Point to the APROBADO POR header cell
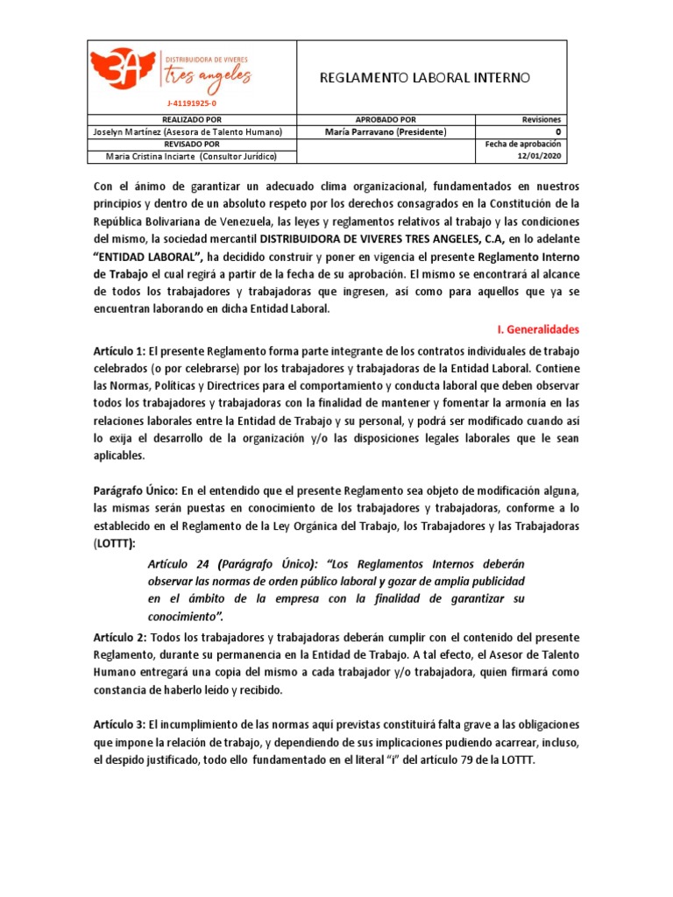(x=386, y=119)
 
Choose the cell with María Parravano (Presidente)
(x=386, y=131)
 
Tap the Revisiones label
(x=542, y=119)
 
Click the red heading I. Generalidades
(x=538, y=329)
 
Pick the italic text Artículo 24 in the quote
(x=181, y=564)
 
